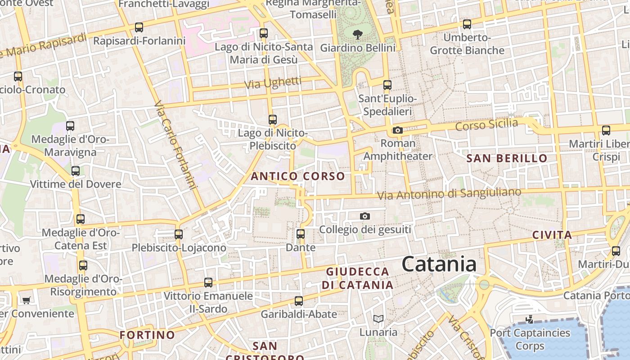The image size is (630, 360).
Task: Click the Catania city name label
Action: (x=439, y=264)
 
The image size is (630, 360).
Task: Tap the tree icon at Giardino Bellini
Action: (x=358, y=34)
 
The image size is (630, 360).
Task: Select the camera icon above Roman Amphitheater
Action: (x=397, y=130)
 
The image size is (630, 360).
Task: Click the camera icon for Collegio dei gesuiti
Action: (x=365, y=216)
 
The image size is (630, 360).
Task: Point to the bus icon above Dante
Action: (x=301, y=234)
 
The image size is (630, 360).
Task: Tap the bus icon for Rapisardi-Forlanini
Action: (x=139, y=27)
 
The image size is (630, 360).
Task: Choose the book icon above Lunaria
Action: (x=378, y=319)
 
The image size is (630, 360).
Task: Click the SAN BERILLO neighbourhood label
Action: (x=507, y=158)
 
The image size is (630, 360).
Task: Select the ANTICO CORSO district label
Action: (x=298, y=176)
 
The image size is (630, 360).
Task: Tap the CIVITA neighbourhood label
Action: (x=552, y=235)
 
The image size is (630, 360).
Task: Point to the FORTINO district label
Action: (x=147, y=335)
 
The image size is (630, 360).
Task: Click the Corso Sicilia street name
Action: (x=486, y=124)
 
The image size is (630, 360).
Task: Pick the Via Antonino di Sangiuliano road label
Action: (x=449, y=194)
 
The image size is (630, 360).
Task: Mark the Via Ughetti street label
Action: (x=273, y=83)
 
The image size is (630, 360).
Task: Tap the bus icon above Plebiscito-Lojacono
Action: (x=179, y=234)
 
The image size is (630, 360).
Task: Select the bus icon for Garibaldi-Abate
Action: (x=299, y=301)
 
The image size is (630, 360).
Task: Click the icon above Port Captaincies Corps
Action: (x=530, y=319)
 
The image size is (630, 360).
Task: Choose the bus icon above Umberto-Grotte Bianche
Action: (x=467, y=24)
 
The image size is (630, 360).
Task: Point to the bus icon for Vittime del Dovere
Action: (x=76, y=171)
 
